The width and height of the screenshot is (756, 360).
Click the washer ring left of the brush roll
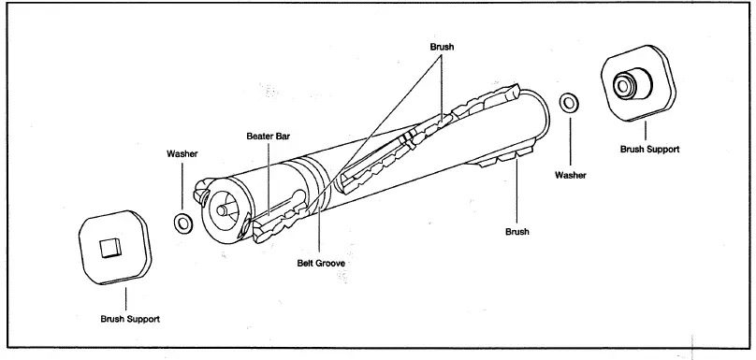click(x=183, y=223)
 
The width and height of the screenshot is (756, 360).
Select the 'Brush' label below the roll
click(x=517, y=231)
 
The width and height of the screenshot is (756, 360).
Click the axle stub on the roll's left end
click(x=222, y=209)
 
